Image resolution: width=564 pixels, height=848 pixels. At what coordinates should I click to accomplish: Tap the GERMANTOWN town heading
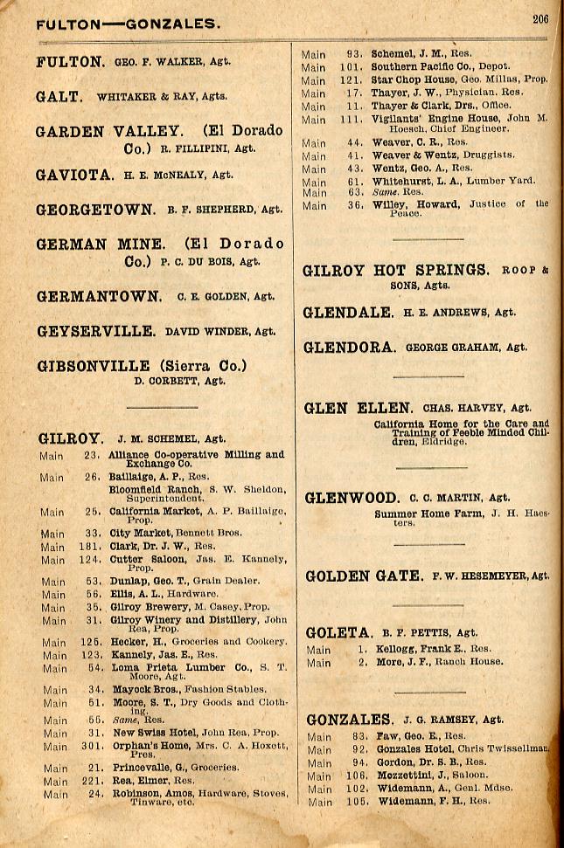click(99, 296)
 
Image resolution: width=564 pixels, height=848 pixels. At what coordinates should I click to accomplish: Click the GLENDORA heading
click(349, 347)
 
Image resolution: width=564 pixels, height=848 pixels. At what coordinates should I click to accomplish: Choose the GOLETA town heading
click(338, 632)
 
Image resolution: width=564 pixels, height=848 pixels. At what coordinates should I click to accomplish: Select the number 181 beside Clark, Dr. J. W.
click(93, 547)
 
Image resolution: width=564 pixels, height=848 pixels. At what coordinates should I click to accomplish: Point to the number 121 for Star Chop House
click(352, 79)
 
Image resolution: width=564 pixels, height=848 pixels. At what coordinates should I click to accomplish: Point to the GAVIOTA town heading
click(74, 175)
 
